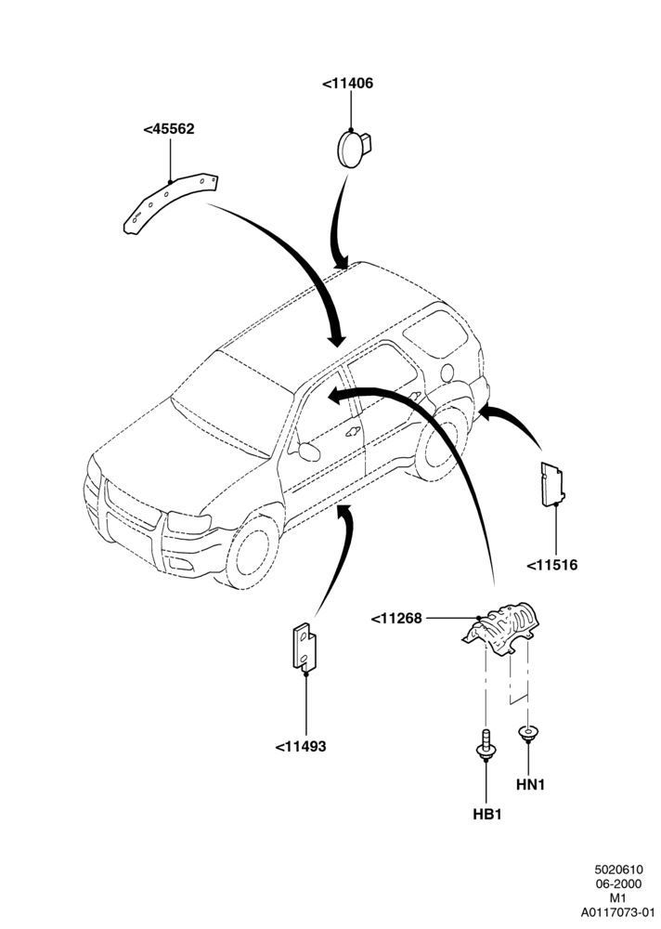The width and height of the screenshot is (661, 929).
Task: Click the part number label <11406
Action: pos(348,84)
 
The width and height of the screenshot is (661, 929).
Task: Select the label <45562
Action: pos(169,129)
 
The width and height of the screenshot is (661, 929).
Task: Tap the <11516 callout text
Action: pos(552,565)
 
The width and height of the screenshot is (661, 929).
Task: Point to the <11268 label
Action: pos(396,619)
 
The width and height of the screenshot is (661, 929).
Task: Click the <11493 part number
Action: pos(300,747)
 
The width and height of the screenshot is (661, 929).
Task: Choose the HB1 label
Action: pos(486,815)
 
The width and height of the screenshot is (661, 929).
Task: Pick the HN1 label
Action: pos(530,785)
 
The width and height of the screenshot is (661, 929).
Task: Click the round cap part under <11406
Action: pos(354,148)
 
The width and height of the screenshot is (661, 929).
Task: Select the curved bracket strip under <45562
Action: pos(170,203)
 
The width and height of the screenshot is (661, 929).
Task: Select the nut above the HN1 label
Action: pos(526,734)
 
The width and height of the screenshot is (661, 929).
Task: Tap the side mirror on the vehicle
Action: pos(308,451)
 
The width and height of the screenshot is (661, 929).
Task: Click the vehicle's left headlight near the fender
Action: pos(189,522)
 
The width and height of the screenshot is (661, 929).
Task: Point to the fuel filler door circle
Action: pos(447,373)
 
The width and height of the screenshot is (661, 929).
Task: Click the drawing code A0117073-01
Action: pos(617,912)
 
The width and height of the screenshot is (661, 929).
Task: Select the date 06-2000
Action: pos(618,884)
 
